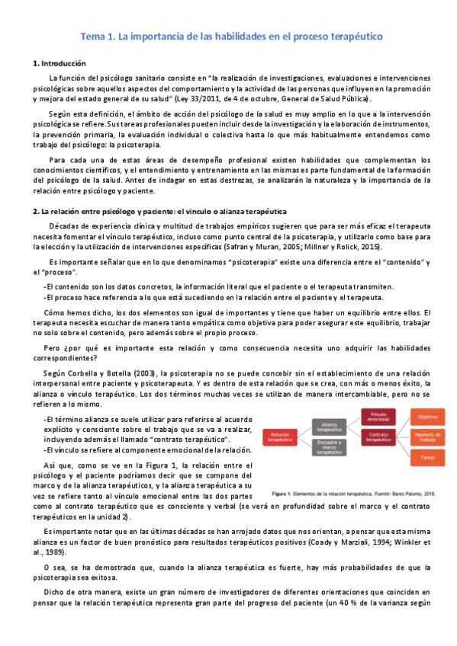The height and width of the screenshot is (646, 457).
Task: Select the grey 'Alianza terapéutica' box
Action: tap(330, 426)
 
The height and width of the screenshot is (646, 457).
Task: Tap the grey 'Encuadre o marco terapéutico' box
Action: tap(330, 448)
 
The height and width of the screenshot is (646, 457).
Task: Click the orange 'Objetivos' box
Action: tap(426, 417)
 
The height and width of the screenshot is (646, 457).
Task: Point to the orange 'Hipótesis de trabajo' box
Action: tap(426, 437)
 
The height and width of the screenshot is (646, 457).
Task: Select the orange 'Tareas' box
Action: tap(426, 456)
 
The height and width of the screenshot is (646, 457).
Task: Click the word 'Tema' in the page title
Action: tap(95, 36)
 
